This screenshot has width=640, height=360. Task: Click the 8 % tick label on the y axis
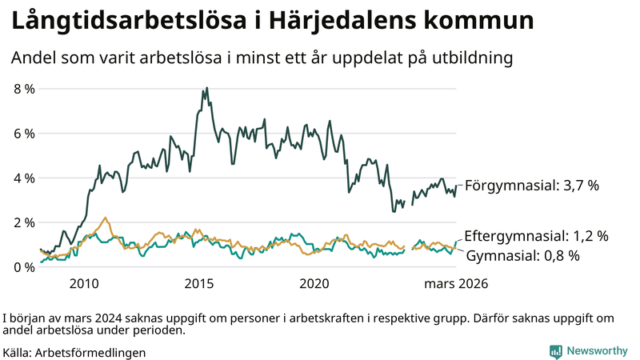point(24,89)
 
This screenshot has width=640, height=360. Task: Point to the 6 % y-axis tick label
point(24,134)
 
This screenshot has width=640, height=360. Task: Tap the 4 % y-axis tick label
point(24,178)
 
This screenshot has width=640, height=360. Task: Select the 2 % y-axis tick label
point(24,222)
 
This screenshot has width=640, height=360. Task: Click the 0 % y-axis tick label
point(24,267)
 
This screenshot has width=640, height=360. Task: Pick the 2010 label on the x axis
point(84,284)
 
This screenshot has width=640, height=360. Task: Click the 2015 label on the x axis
point(198,284)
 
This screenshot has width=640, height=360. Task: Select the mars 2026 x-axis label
point(456,284)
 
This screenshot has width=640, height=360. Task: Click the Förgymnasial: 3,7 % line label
point(532,185)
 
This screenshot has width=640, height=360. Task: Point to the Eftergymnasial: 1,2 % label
point(536,236)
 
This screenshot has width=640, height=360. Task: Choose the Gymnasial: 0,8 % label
point(522,256)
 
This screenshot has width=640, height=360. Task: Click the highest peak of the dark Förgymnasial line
point(207,88)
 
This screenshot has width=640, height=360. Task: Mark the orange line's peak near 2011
point(105,218)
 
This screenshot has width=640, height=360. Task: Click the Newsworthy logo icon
point(555,351)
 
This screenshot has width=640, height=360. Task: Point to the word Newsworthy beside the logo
point(597,351)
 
